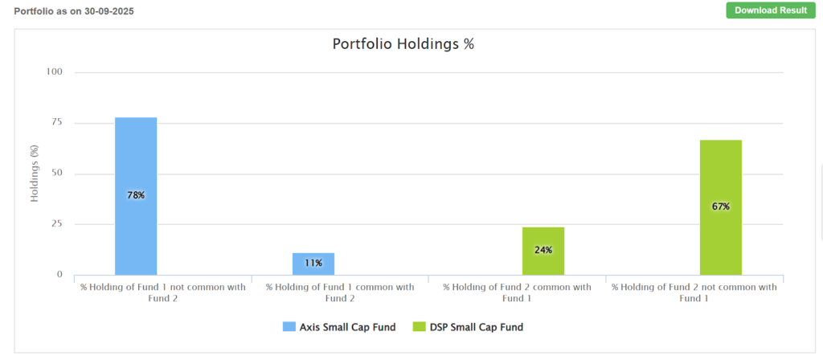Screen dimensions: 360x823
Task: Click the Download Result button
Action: (x=766, y=10)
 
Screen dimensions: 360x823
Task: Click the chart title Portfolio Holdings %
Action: (x=403, y=43)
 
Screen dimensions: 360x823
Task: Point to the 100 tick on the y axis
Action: (x=54, y=72)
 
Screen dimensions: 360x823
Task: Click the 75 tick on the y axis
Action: (x=56, y=123)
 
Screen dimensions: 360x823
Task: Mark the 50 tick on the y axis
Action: (x=56, y=174)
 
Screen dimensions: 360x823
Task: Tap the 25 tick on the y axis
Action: (x=56, y=224)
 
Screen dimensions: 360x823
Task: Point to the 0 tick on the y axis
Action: (x=59, y=275)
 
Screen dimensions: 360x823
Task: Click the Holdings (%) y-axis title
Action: (x=35, y=174)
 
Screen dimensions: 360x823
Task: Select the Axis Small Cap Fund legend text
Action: (x=347, y=327)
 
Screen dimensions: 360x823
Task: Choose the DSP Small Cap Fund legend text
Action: (x=474, y=327)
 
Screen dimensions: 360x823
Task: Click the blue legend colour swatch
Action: (x=289, y=327)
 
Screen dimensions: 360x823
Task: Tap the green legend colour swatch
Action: (x=418, y=327)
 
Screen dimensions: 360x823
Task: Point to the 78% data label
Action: (x=136, y=195)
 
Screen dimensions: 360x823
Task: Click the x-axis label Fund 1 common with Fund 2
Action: (x=340, y=292)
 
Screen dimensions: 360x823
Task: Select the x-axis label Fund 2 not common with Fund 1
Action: (x=694, y=292)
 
